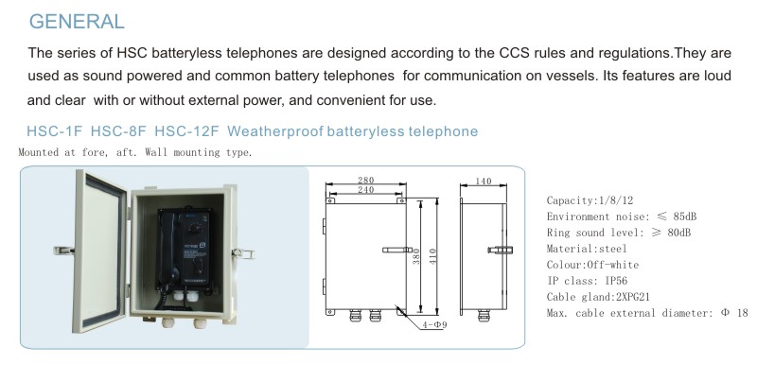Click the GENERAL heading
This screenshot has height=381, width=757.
(77, 22)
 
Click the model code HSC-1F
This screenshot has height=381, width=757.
(55, 131)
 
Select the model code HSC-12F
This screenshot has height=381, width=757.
(186, 131)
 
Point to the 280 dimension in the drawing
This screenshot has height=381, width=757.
(366, 180)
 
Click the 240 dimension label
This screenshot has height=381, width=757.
(366, 189)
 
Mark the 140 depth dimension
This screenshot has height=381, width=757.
(484, 181)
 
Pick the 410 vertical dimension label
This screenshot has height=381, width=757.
(432, 256)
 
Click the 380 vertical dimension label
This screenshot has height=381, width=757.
(416, 256)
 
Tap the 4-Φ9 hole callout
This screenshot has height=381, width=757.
(434, 324)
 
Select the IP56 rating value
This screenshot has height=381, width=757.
(616, 281)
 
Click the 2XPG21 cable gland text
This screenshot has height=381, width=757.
(633, 297)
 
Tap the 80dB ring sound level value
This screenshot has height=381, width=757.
(678, 233)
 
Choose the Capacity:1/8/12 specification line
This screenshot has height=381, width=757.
(590, 200)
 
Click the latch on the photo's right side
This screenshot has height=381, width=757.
(243, 253)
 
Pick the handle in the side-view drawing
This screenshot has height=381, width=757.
(501, 250)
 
